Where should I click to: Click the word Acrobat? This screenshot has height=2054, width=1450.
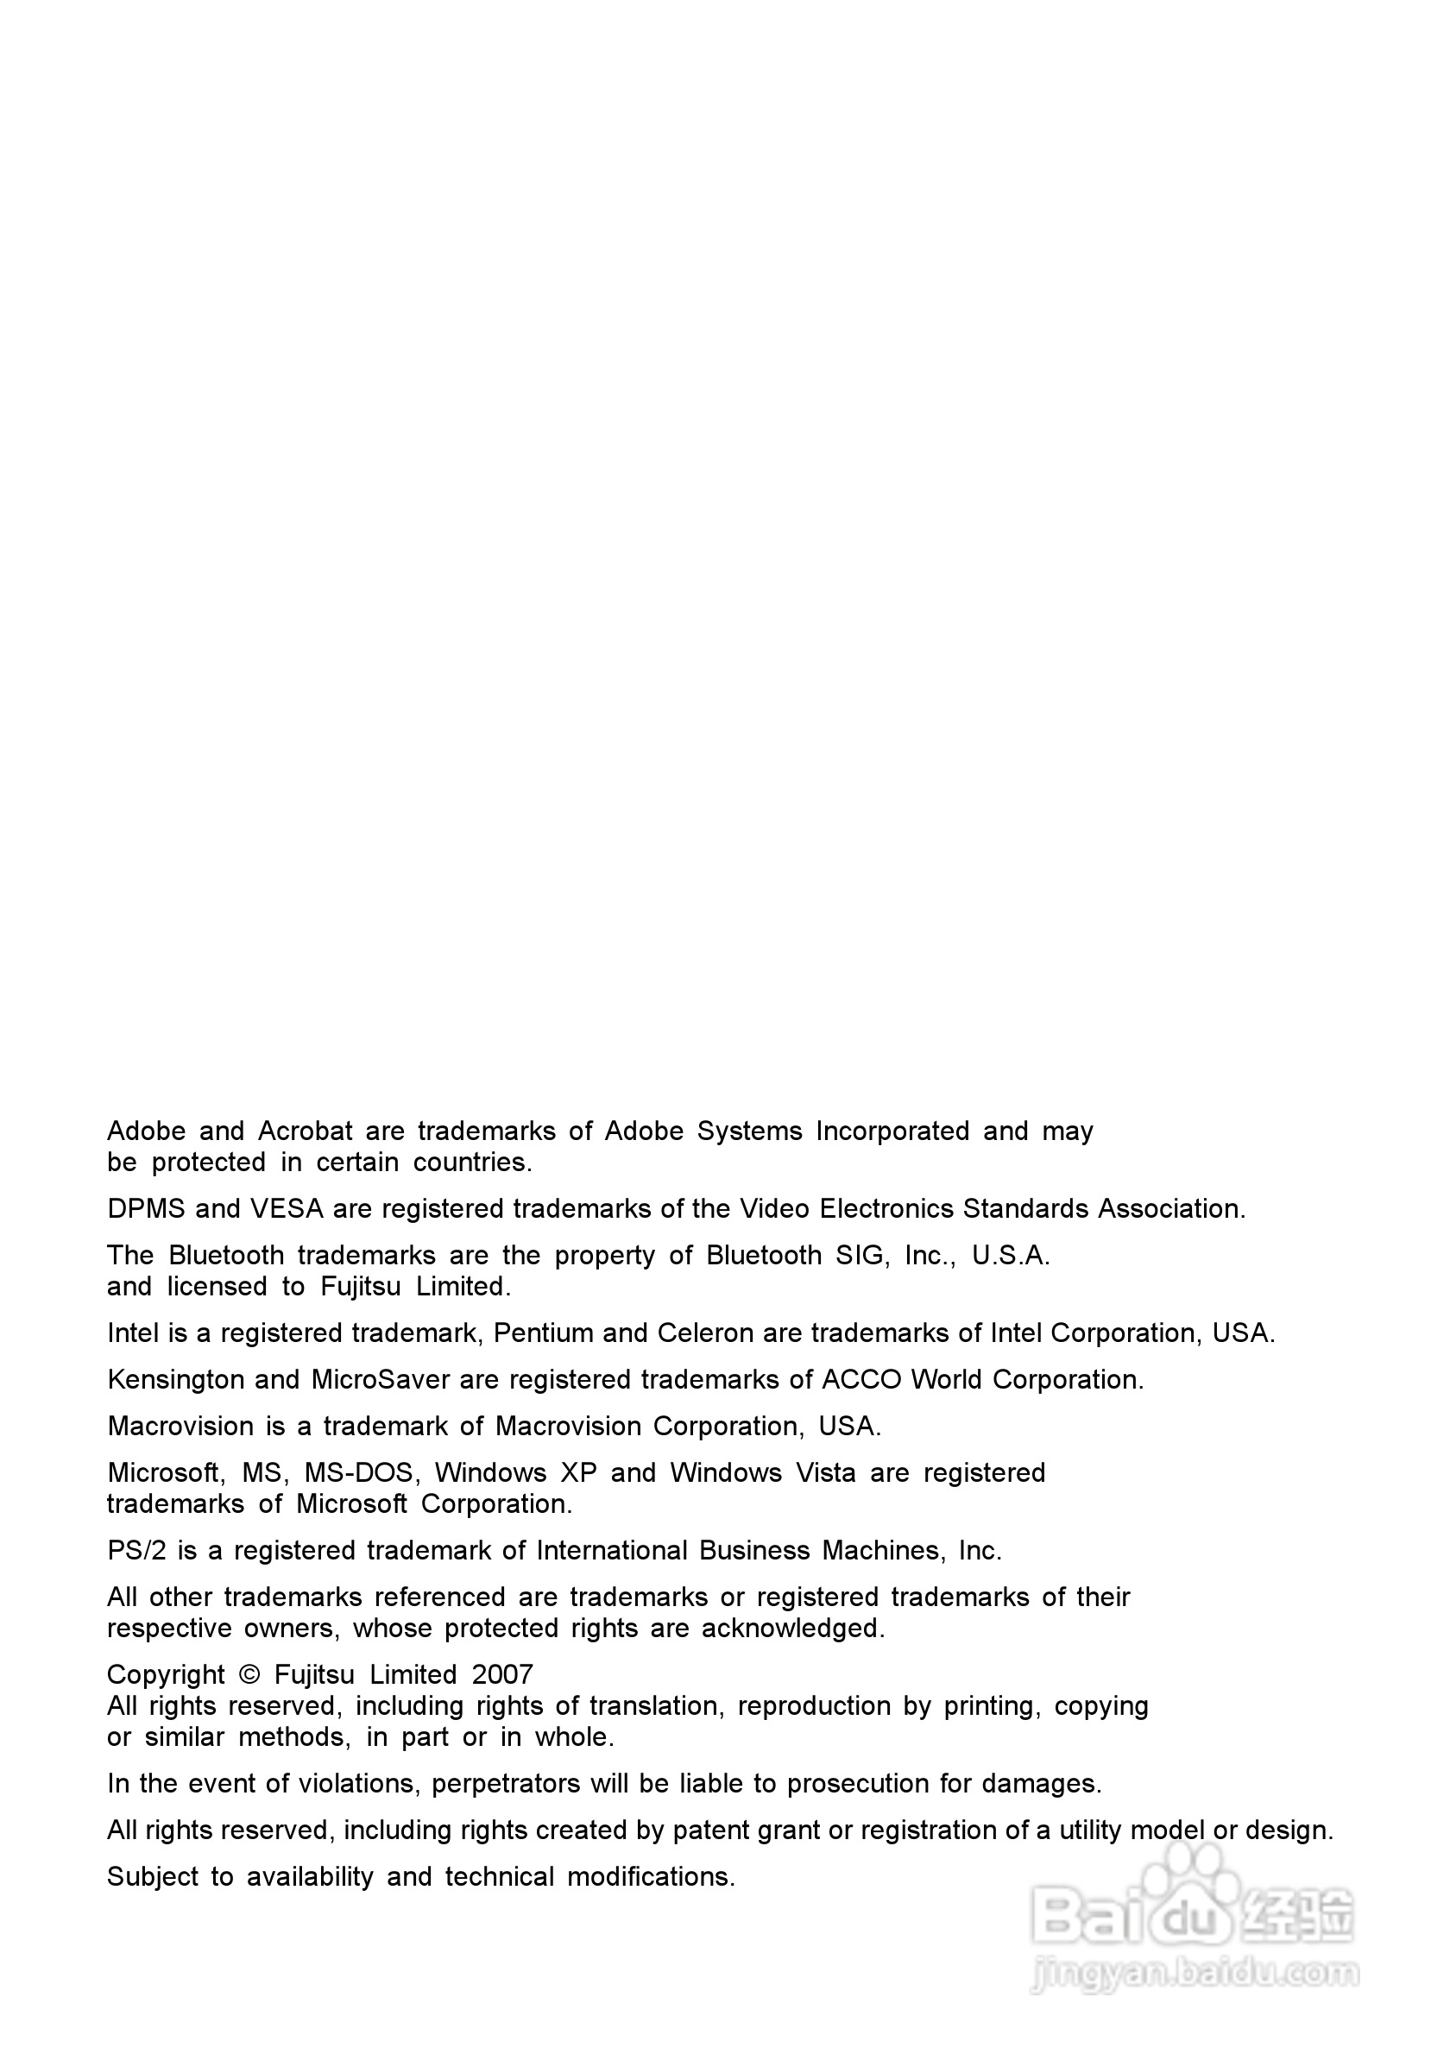tap(305, 1131)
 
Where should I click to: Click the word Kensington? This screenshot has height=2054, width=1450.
tap(175, 1380)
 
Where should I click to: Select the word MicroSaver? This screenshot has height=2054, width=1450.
tap(380, 1380)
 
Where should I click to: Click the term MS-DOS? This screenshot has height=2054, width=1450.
tap(358, 1473)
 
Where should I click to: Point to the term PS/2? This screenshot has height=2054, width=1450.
tap(137, 1551)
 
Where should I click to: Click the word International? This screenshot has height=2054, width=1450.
tap(612, 1551)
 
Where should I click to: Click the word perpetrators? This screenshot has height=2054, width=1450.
tap(507, 1785)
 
